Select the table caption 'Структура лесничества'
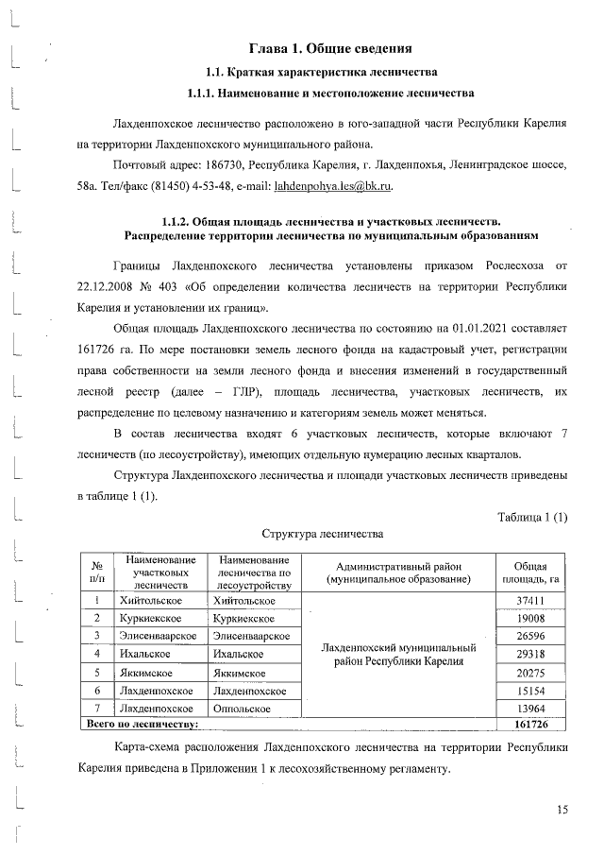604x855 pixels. pos(322,533)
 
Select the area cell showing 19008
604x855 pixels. pos(530,619)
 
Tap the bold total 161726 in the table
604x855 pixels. pos(530,725)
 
